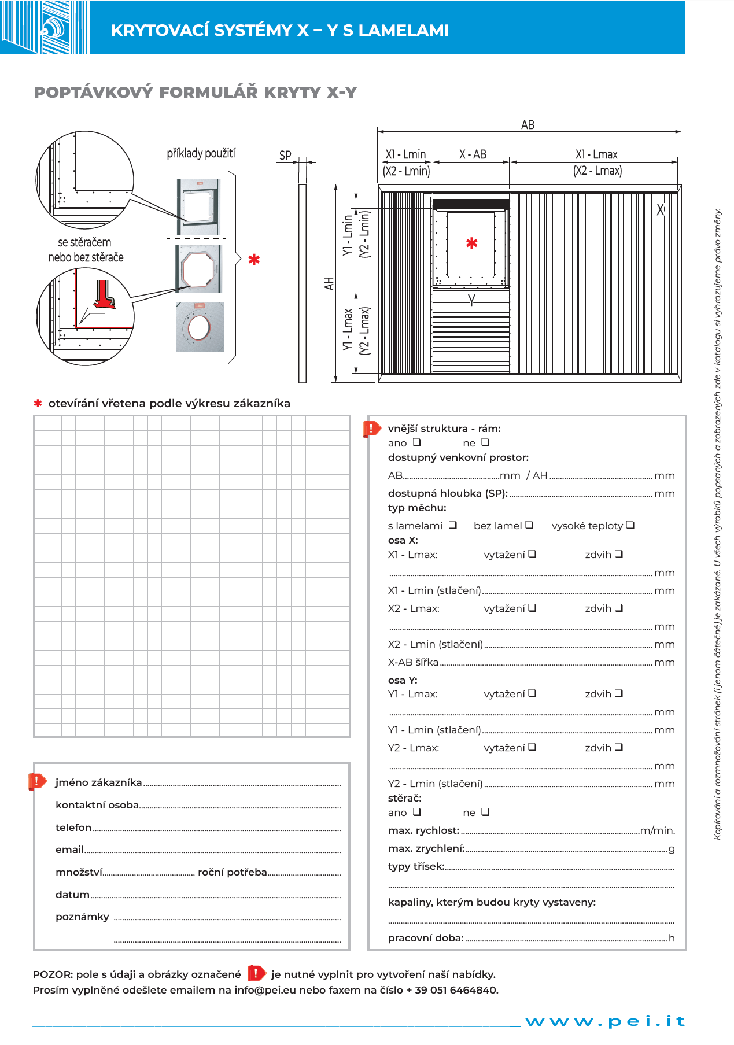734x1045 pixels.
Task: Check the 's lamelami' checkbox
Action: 453,525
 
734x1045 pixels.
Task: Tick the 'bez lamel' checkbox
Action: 529,525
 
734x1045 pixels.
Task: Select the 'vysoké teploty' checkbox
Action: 630,525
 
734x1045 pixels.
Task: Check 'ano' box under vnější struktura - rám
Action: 417,442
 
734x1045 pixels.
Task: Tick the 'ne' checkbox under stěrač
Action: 485,812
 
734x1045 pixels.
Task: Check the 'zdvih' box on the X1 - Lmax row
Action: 619,554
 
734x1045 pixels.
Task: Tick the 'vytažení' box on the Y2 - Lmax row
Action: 532,747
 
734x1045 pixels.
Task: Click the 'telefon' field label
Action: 73,828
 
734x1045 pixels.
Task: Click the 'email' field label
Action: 69,850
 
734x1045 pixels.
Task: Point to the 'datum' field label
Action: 72,895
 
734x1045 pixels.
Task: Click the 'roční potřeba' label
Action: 233,872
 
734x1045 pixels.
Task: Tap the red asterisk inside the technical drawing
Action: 472,243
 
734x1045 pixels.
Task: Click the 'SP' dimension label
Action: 285,156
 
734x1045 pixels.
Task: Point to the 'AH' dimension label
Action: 329,283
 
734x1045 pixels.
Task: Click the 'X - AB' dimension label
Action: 473,154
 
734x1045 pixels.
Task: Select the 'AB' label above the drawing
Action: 528,125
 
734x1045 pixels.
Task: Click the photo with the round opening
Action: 200,327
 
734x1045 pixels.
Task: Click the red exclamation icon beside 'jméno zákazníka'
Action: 37,782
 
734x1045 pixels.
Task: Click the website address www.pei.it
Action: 605,1021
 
